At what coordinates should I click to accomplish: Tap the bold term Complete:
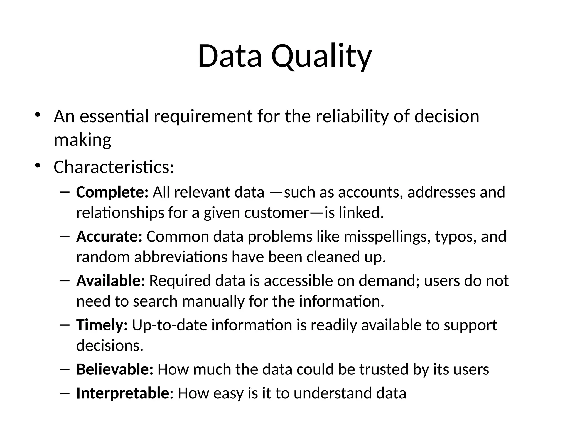(112, 193)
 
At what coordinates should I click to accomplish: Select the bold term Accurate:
(109, 237)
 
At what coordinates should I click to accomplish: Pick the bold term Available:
(110, 281)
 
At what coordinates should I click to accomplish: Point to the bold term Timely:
(102, 325)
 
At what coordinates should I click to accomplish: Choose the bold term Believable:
(115, 369)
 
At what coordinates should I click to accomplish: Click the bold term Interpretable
(122, 393)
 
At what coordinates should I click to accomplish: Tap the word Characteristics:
(114, 167)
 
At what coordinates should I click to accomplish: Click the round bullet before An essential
(38, 115)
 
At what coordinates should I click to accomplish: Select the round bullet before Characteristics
(38, 166)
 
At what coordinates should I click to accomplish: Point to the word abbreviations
(181, 257)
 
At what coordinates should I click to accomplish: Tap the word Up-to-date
(169, 325)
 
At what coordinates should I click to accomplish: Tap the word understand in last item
(333, 393)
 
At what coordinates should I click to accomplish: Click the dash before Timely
(64, 325)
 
